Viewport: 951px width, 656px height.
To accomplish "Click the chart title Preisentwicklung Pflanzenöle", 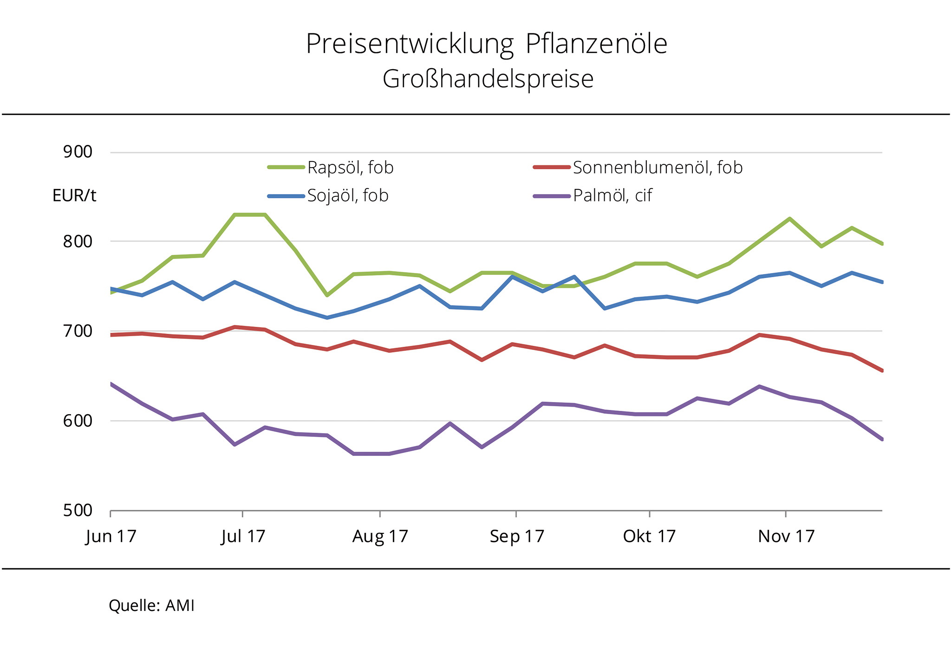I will (x=486, y=45).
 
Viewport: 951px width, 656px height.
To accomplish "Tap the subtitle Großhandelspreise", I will (x=488, y=79).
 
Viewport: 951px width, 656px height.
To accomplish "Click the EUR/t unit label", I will (x=74, y=196).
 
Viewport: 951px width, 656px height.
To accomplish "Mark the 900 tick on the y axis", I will (x=78, y=152).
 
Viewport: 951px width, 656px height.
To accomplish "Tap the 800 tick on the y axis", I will (x=78, y=241).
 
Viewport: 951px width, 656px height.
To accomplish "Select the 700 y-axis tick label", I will (x=78, y=331).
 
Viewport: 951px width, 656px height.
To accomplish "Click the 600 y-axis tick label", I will (x=78, y=421).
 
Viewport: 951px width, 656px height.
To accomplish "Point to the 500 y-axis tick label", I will (x=78, y=510).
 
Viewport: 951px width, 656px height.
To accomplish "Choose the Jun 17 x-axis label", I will (x=111, y=537).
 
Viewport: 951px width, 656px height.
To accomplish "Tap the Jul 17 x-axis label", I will (x=243, y=537).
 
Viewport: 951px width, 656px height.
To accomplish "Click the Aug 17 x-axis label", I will (x=380, y=537).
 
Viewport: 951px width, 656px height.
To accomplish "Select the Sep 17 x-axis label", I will (x=516, y=537).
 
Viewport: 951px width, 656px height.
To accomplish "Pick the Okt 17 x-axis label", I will (x=649, y=537).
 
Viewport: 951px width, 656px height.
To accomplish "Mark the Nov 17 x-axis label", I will (x=786, y=537).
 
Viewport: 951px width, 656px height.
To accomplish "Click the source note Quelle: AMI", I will (x=151, y=606).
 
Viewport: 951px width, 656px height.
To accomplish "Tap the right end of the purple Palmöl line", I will (x=881, y=439).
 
